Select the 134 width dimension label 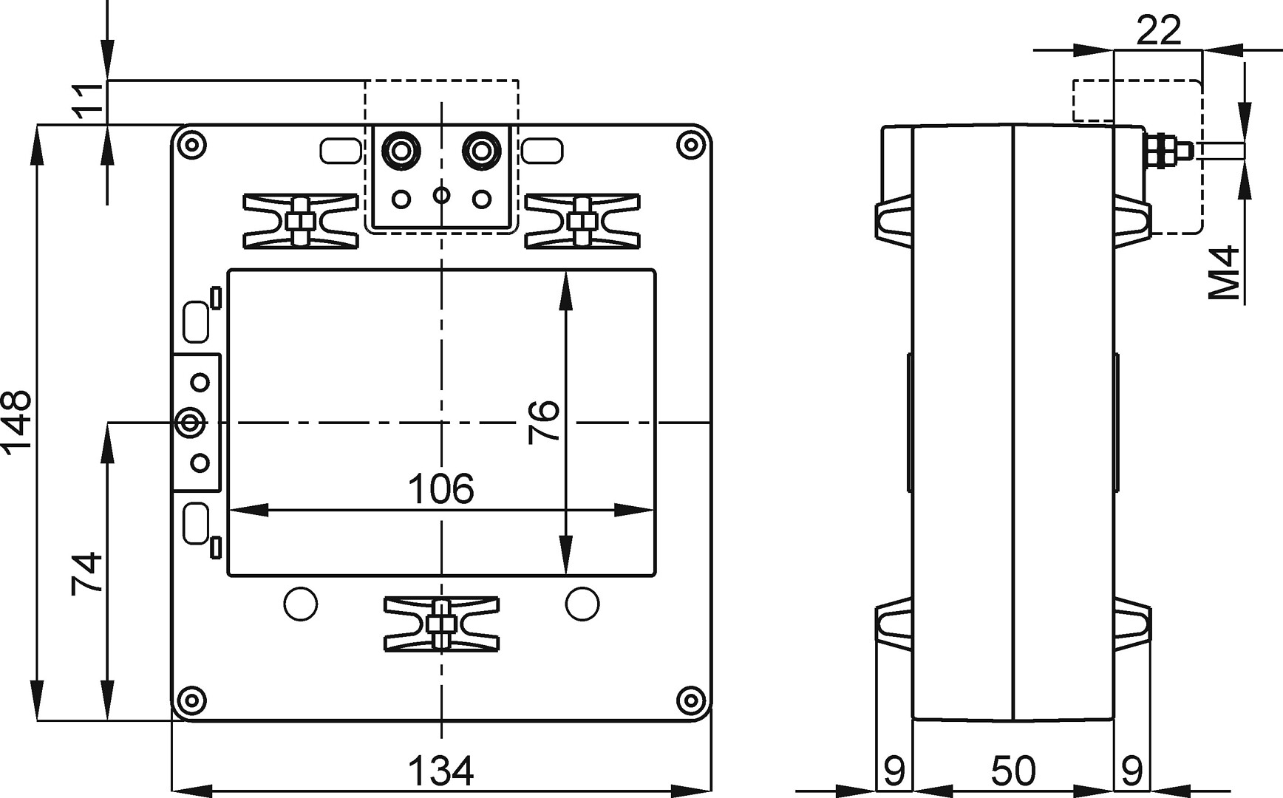point(440,771)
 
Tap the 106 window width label point(441,488)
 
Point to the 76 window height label point(544,422)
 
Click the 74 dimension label point(86,573)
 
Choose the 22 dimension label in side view point(1158,31)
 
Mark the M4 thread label point(1225,273)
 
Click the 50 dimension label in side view point(1013,771)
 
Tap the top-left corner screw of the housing point(191,144)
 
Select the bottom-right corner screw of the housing point(691,699)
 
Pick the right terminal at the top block point(482,151)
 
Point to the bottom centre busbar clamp point(441,624)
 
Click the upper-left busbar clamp point(300,221)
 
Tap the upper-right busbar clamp point(582,221)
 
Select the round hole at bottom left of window point(301,604)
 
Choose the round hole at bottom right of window point(582,604)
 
